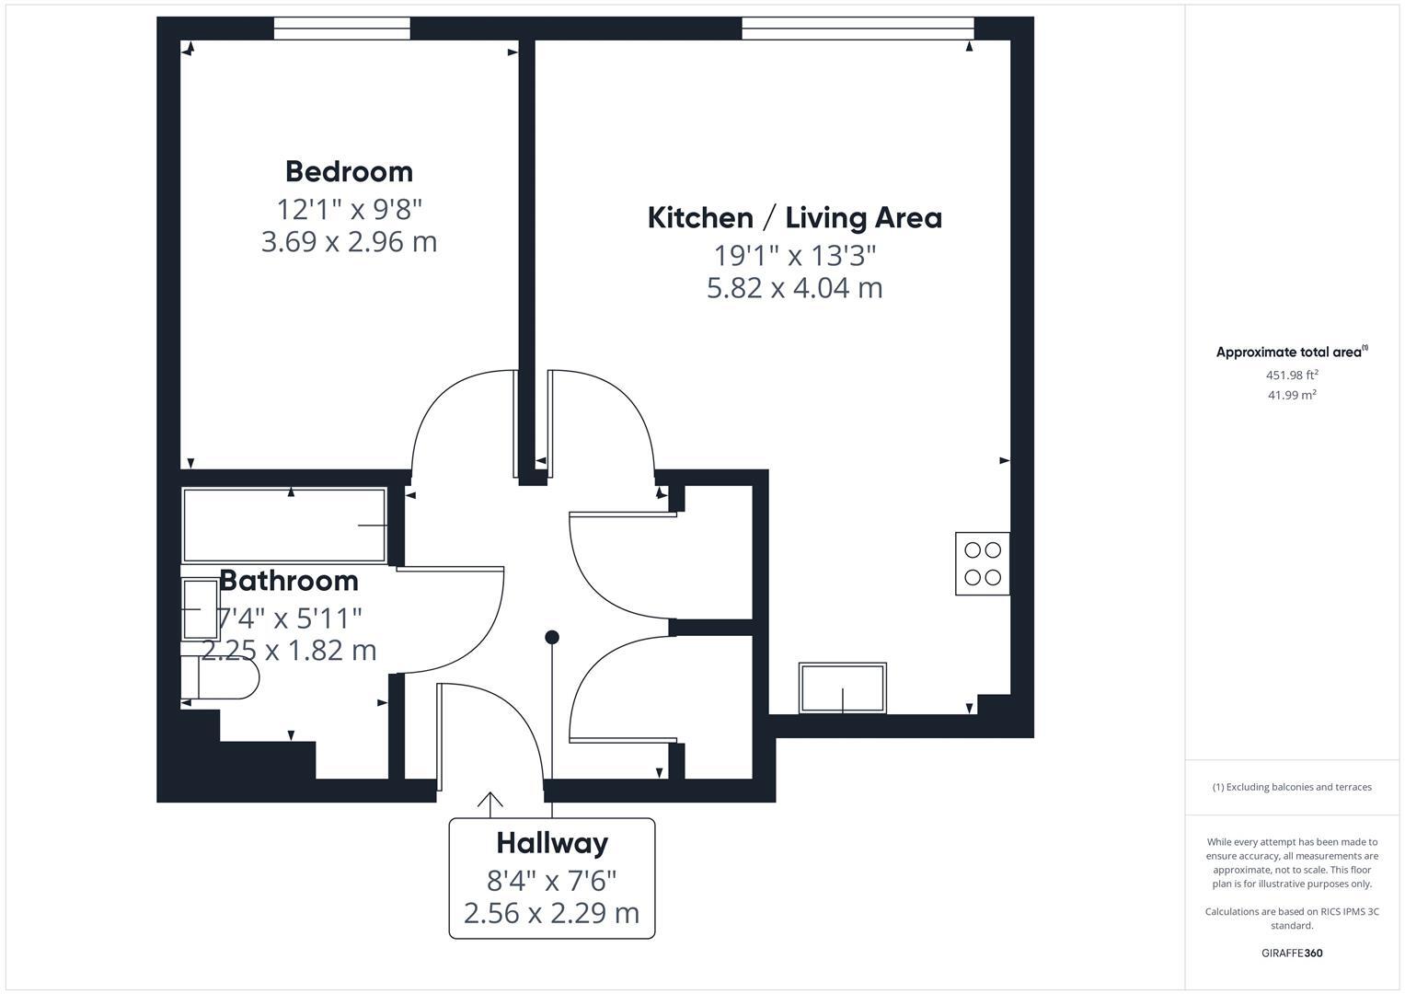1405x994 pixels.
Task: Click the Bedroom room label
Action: [349, 171]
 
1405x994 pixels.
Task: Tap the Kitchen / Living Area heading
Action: [794, 217]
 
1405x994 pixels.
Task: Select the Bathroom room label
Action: [288, 581]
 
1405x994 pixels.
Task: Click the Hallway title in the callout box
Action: [552, 843]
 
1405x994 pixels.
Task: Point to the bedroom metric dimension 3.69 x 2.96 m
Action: [349, 242]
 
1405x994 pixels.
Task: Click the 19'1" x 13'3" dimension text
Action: [794, 254]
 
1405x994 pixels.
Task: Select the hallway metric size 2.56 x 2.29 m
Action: [552, 913]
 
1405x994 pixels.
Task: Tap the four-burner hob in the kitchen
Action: [982, 563]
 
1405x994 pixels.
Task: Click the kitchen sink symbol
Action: [843, 688]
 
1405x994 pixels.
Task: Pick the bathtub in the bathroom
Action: [284, 526]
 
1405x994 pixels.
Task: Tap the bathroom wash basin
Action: [200, 609]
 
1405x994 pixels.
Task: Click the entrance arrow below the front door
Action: [490, 803]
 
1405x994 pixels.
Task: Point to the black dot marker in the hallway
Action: [552, 637]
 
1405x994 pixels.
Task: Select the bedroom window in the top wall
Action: [341, 29]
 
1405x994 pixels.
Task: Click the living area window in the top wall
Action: [858, 29]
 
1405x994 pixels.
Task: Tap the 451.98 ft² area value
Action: [1292, 375]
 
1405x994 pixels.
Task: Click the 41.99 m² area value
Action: [1292, 395]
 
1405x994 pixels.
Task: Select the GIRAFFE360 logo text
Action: [1292, 953]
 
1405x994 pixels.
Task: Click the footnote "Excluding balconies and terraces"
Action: [1292, 787]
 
